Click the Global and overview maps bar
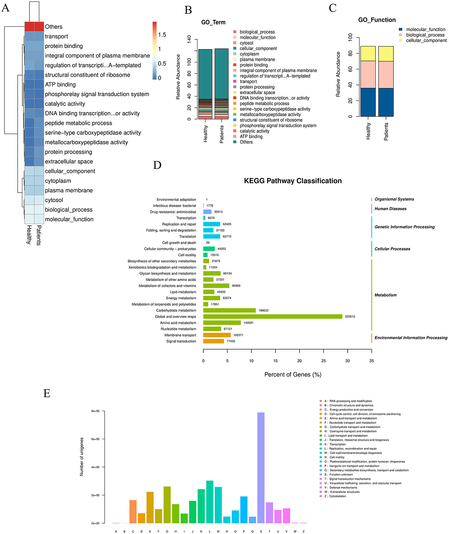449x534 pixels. (x=272, y=317)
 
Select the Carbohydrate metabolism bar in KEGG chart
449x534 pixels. (x=229, y=311)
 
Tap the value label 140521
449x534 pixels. (x=248, y=323)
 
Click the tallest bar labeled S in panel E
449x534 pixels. (x=261, y=467)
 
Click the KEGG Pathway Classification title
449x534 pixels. (x=293, y=181)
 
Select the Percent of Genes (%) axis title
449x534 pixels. (x=293, y=375)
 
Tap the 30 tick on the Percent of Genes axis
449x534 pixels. (x=347, y=361)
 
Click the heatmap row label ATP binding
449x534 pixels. (x=60, y=85)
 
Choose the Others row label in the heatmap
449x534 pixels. (x=54, y=27)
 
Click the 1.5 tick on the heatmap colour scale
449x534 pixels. (x=162, y=35)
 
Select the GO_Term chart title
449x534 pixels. (x=213, y=22)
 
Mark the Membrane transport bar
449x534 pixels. (x=217, y=335)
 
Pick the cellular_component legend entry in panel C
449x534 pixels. (x=426, y=41)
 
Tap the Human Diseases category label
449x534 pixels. (x=390, y=209)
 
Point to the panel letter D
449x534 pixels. (x=157, y=165)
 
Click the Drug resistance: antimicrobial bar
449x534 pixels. (x=207, y=212)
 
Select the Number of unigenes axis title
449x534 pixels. (x=82, y=457)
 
